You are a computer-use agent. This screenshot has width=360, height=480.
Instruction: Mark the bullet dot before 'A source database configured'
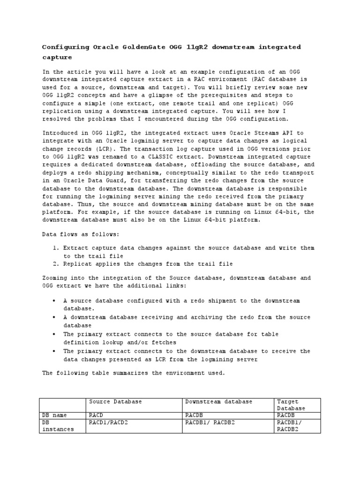click(54, 301)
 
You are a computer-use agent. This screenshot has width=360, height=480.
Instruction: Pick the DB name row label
click(54, 415)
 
